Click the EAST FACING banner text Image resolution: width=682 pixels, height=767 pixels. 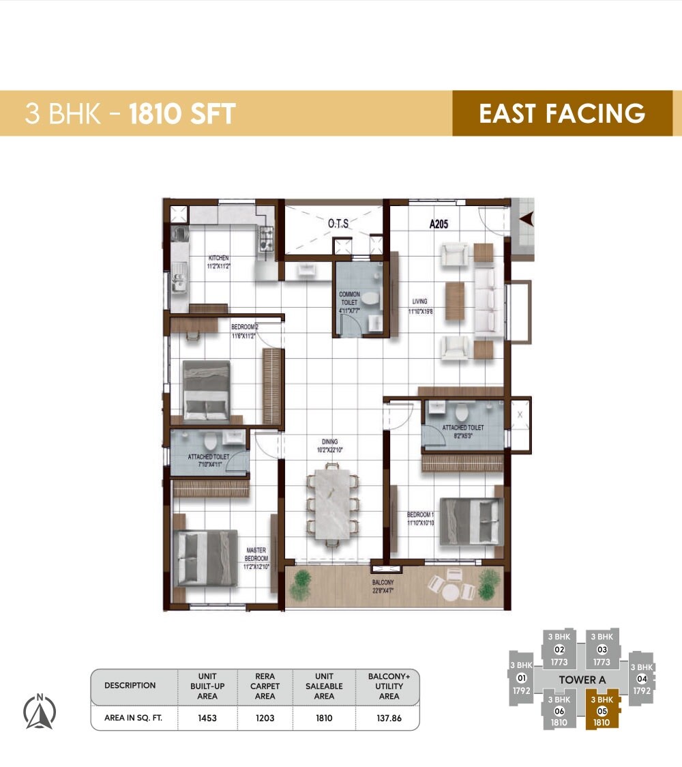(562, 113)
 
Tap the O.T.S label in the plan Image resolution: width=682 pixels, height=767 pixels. (339, 223)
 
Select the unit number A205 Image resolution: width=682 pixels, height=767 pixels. (439, 223)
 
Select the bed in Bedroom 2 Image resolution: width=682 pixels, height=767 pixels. (206, 390)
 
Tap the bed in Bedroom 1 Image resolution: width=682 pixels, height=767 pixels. (470, 521)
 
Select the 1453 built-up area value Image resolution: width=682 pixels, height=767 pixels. (207, 719)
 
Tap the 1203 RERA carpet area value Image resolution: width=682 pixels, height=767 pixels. (265, 719)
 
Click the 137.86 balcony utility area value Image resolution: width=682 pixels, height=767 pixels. (389, 719)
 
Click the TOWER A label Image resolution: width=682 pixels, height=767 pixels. (582, 680)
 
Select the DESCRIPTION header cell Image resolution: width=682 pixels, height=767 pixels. (130, 686)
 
